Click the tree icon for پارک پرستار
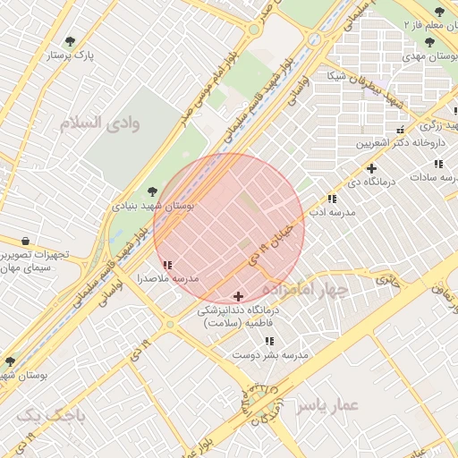pos(71,41)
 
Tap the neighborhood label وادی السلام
pos(100,123)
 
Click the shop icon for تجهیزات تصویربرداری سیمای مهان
pos(24,242)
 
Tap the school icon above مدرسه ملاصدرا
pos(168,265)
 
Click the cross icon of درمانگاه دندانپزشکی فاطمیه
pos(238,296)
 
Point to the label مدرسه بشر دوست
pos(270,355)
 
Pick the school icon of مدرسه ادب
pos(332,199)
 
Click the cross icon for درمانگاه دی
pos(371,168)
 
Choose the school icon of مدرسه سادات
pos(438,164)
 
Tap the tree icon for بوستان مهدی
pos(429,42)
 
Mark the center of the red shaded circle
pos(229,229)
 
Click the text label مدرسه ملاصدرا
pos(166,279)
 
